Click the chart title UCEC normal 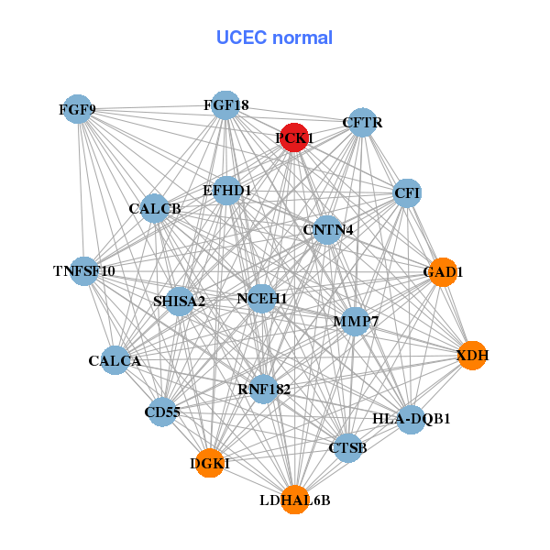coord(274,38)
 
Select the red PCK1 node coord(293,137)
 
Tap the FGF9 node coord(79,110)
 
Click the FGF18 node coord(225,105)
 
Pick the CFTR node coord(363,122)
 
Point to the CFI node coord(407,192)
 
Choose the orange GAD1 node coord(443,271)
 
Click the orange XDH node coord(471,355)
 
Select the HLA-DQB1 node coord(411,419)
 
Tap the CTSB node coord(347,447)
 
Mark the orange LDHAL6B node coord(294,500)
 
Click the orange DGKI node coord(210,463)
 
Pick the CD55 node coord(162,412)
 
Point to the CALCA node coord(115,360)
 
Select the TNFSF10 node coord(84,270)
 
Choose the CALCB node coord(155,209)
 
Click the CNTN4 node coord(328,228)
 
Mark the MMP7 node coord(355,321)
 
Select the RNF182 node coord(264,389)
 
